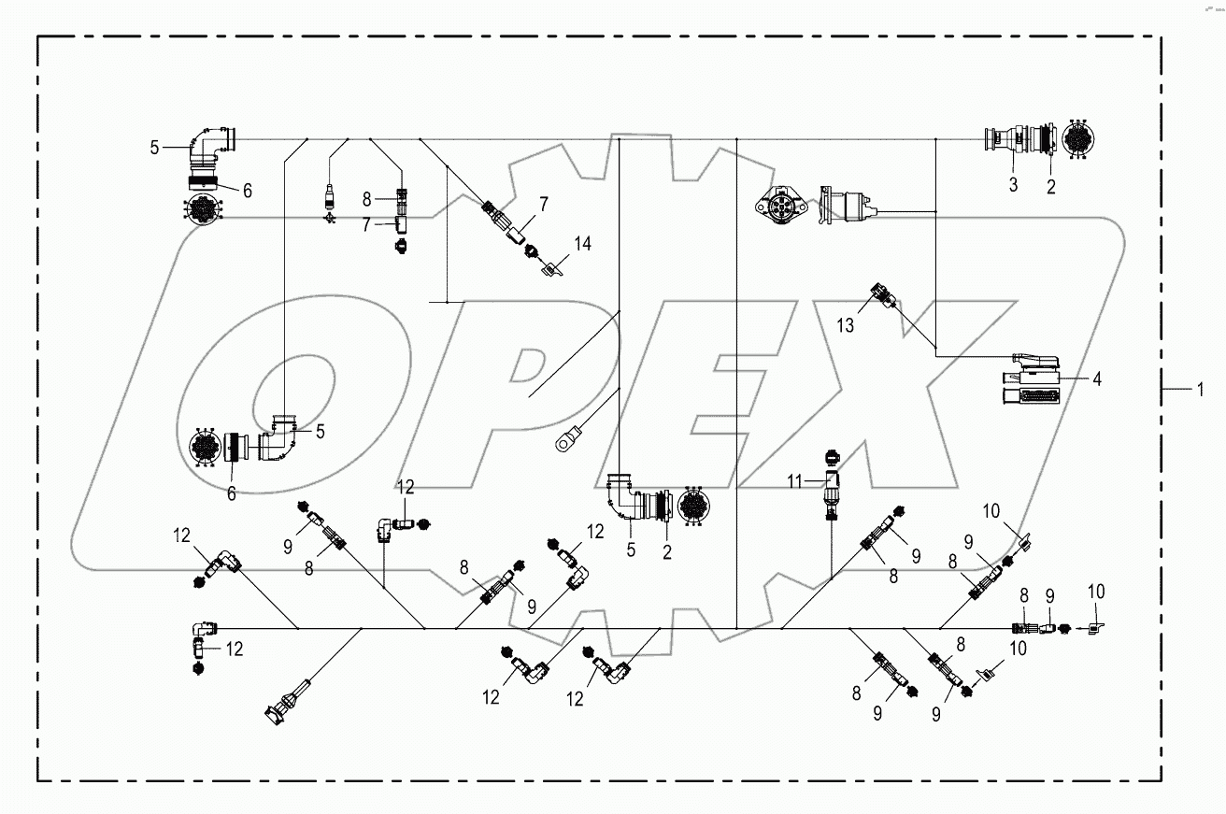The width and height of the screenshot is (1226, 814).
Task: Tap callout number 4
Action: (x=1096, y=380)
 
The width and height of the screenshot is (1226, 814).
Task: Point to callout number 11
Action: (x=794, y=481)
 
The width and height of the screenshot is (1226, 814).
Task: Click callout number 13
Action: (x=846, y=325)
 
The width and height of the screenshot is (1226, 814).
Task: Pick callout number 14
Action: (x=582, y=245)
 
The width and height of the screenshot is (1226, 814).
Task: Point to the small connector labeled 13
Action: (x=883, y=296)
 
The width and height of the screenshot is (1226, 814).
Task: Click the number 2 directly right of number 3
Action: (x=1050, y=186)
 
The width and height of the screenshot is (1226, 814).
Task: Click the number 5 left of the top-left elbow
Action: (x=156, y=147)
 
